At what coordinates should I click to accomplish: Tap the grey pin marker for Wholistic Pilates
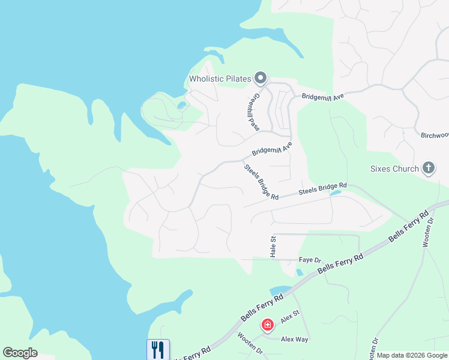(260, 78)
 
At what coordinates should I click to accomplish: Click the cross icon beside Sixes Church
(429, 168)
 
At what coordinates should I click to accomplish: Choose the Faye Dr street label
(310, 260)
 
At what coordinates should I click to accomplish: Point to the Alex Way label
(294, 339)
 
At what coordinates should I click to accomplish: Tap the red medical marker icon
(267, 325)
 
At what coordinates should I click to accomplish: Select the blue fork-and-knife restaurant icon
(158, 349)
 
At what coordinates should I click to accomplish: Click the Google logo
(20, 353)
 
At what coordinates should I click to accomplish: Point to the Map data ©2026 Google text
(412, 355)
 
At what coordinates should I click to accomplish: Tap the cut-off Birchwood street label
(434, 136)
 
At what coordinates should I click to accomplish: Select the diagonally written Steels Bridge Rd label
(261, 182)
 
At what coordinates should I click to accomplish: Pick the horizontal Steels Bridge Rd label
(323, 190)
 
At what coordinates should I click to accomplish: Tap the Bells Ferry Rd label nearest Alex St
(262, 307)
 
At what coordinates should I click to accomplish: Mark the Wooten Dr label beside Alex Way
(250, 343)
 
